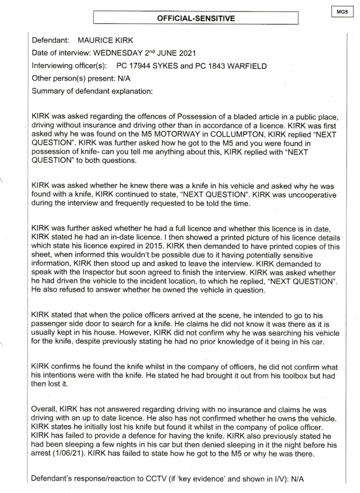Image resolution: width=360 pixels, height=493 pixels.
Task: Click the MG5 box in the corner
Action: pos(343,9)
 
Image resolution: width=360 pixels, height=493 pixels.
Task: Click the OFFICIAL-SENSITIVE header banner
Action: pos(196,19)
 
